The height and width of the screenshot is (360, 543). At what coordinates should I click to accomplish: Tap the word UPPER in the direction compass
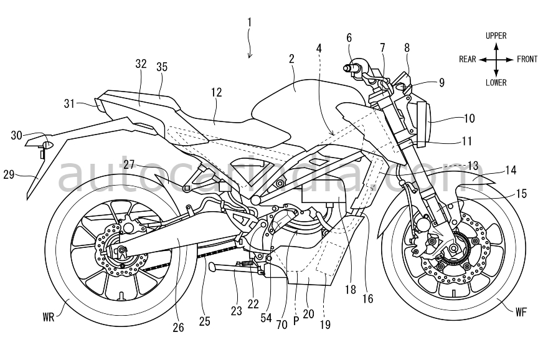tap(496, 36)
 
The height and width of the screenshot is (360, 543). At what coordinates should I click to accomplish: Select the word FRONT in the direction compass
tap(527, 60)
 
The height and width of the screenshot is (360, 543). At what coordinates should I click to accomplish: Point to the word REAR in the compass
tap(468, 60)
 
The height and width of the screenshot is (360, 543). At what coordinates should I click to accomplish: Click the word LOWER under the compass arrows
tap(496, 83)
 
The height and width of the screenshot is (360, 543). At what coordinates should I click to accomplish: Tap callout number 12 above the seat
tap(217, 92)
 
